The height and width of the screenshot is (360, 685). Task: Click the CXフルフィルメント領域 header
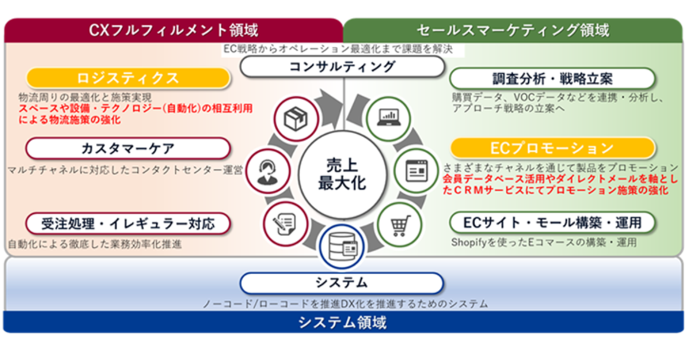[174, 30]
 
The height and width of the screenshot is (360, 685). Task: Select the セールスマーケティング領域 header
[513, 30]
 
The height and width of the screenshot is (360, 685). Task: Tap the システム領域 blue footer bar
[342, 323]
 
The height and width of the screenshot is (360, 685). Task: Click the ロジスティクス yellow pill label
[128, 78]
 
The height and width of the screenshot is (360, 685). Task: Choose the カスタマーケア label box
[128, 148]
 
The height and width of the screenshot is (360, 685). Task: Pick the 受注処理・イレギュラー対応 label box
[128, 224]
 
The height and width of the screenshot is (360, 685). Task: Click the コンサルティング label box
[342, 67]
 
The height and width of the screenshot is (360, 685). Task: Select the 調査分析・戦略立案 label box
[553, 78]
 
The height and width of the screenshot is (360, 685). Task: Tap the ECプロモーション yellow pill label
[553, 148]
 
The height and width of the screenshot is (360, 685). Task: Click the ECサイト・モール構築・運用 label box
[553, 223]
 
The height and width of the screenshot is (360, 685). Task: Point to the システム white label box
[342, 282]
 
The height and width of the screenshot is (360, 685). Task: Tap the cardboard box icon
[296, 119]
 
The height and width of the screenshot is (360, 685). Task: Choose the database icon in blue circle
[342, 247]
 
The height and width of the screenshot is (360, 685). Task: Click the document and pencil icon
[285, 225]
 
